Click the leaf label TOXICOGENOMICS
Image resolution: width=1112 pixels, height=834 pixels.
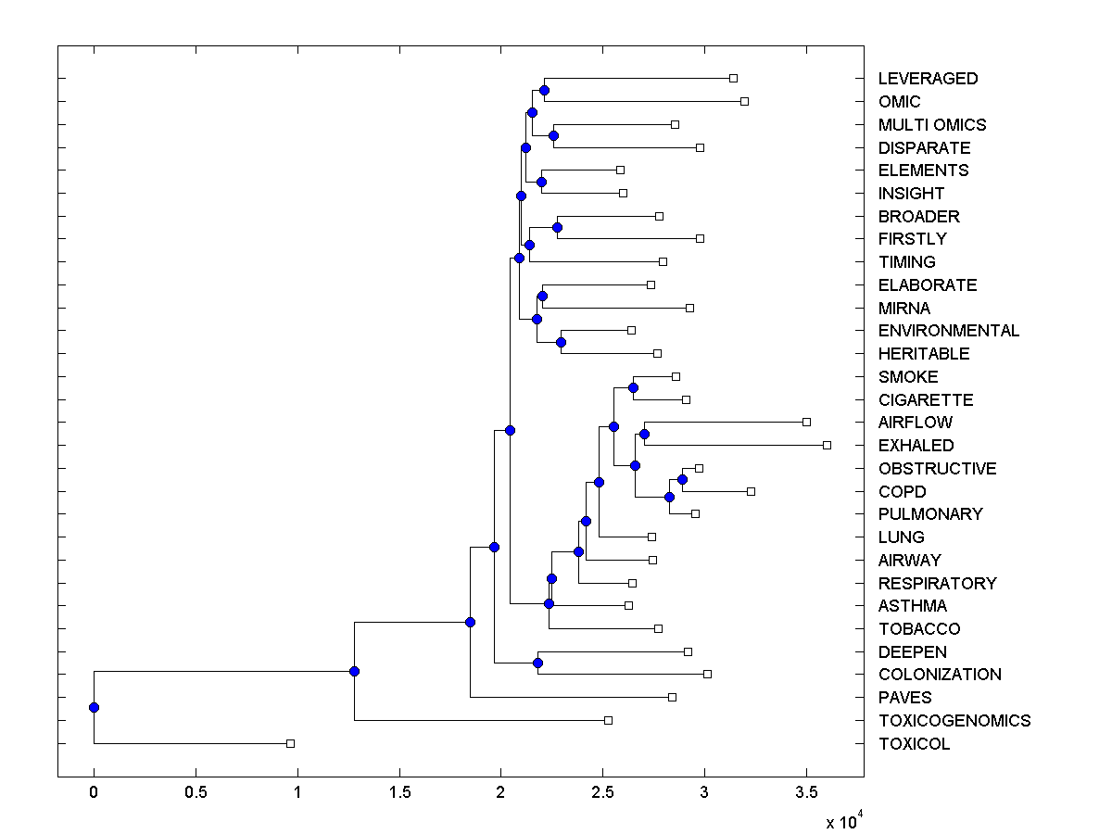[954, 721]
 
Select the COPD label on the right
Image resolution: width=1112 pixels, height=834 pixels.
[903, 492]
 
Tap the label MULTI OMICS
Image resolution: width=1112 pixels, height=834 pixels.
[932, 125]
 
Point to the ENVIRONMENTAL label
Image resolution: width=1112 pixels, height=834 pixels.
[949, 331]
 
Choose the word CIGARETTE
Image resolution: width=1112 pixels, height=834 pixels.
[926, 400]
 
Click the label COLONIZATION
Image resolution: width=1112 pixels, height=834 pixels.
[940, 675]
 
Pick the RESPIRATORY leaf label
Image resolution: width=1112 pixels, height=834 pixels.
[938, 584]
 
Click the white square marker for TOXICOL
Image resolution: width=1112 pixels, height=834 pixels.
[290, 743]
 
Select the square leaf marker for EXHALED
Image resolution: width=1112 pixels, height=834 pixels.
[827, 445]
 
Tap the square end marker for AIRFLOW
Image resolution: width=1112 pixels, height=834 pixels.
[806, 422]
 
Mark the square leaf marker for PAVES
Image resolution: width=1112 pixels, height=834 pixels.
[672, 697]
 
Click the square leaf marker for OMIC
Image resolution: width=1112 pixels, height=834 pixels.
[744, 101]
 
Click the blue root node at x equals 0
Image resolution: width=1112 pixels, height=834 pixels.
[94, 707]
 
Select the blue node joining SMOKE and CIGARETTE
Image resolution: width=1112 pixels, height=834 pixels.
[633, 387]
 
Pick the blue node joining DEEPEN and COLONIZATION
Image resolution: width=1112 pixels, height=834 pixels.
[537, 663]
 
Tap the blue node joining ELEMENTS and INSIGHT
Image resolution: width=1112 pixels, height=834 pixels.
[541, 182]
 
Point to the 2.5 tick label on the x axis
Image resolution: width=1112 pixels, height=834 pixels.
[602, 793]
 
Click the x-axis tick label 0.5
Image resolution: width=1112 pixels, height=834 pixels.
[196, 793]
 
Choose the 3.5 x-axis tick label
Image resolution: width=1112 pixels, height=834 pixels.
[806, 793]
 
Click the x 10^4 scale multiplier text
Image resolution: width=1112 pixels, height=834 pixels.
[843, 822]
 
